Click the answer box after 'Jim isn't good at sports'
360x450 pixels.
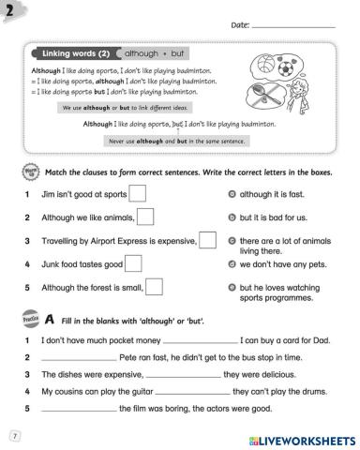tap(136, 193)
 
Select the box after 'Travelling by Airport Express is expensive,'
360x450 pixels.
tap(208, 240)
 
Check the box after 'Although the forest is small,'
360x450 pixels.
tap(156, 287)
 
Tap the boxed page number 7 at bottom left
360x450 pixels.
tap(14, 436)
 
